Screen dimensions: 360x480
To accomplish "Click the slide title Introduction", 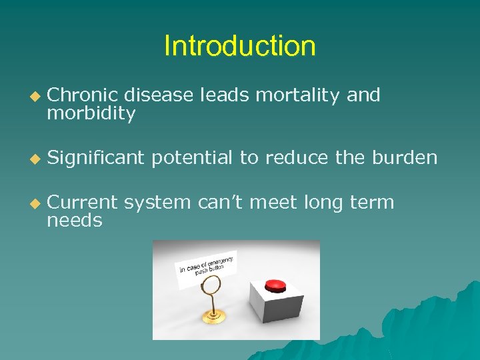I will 239,46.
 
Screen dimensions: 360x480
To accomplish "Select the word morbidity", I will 91,114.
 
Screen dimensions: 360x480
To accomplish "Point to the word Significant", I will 96,158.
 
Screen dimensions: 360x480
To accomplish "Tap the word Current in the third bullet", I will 83,202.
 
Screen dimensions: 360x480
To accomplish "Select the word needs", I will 75,221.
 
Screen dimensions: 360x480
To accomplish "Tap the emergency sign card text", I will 207,265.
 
